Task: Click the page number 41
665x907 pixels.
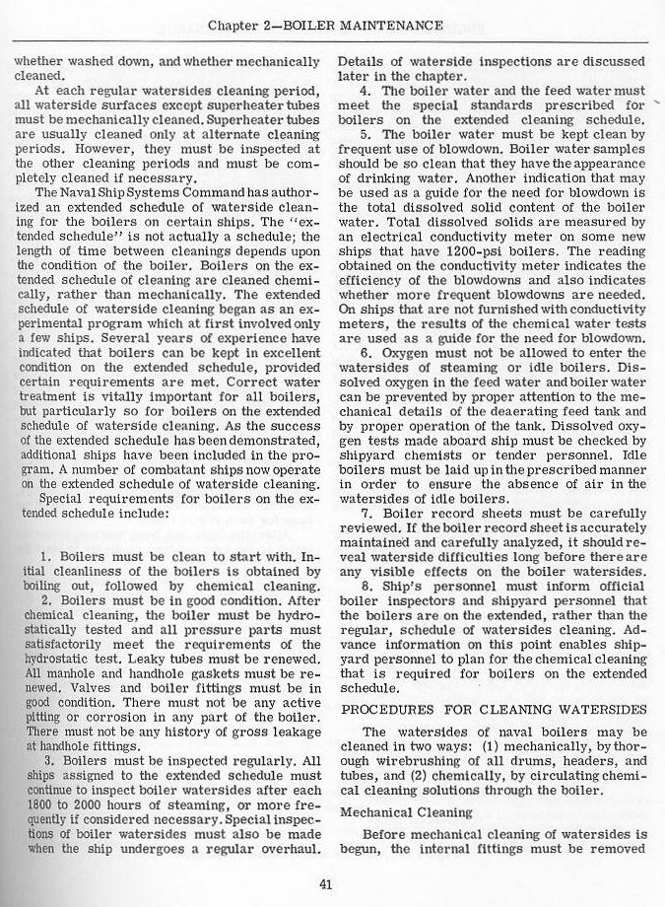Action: pyautogui.click(x=325, y=882)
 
